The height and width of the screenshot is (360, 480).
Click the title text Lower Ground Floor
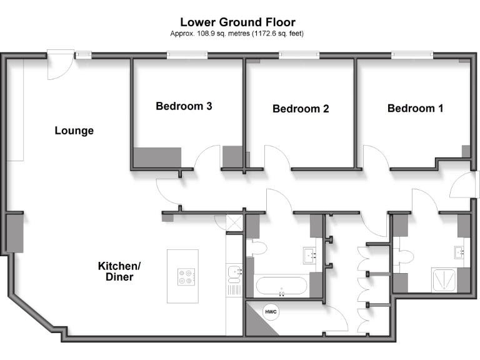(237, 22)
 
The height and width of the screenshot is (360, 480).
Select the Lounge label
(74, 131)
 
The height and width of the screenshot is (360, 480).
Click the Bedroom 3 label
(184, 106)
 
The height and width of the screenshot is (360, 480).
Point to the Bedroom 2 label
(301, 109)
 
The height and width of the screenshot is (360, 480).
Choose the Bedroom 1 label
(415, 108)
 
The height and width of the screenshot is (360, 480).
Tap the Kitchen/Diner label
(119, 271)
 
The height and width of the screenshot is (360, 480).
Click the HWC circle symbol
(271, 312)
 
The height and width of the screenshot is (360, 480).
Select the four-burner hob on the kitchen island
(186, 276)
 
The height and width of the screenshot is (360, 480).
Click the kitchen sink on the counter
(234, 272)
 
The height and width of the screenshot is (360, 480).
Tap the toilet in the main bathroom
(257, 249)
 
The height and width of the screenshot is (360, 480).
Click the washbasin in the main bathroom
(311, 255)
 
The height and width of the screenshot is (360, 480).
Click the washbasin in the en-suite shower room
(461, 253)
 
